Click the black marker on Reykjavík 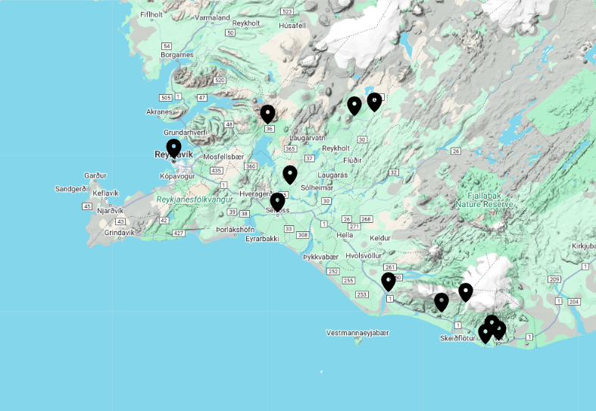point(173,148)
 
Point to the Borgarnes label point(178,55)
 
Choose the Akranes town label point(158,111)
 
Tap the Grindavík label point(118,233)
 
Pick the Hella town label point(345,235)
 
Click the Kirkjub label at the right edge point(583,246)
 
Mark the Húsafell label point(292,25)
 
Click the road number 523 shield point(286,11)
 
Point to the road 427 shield point(179,233)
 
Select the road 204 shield point(573,302)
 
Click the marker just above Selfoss point(277,202)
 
